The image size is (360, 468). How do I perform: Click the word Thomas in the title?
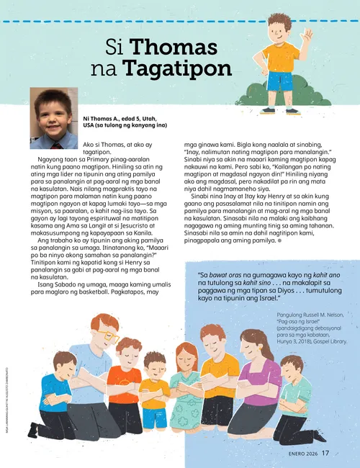pyautogui.click(x=173, y=48)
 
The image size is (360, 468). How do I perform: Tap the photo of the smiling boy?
pyautogui.click(x=54, y=118)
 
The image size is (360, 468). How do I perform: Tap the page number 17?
pyautogui.click(x=325, y=453)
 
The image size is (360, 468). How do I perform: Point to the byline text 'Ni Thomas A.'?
pyautogui.click(x=102, y=117)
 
